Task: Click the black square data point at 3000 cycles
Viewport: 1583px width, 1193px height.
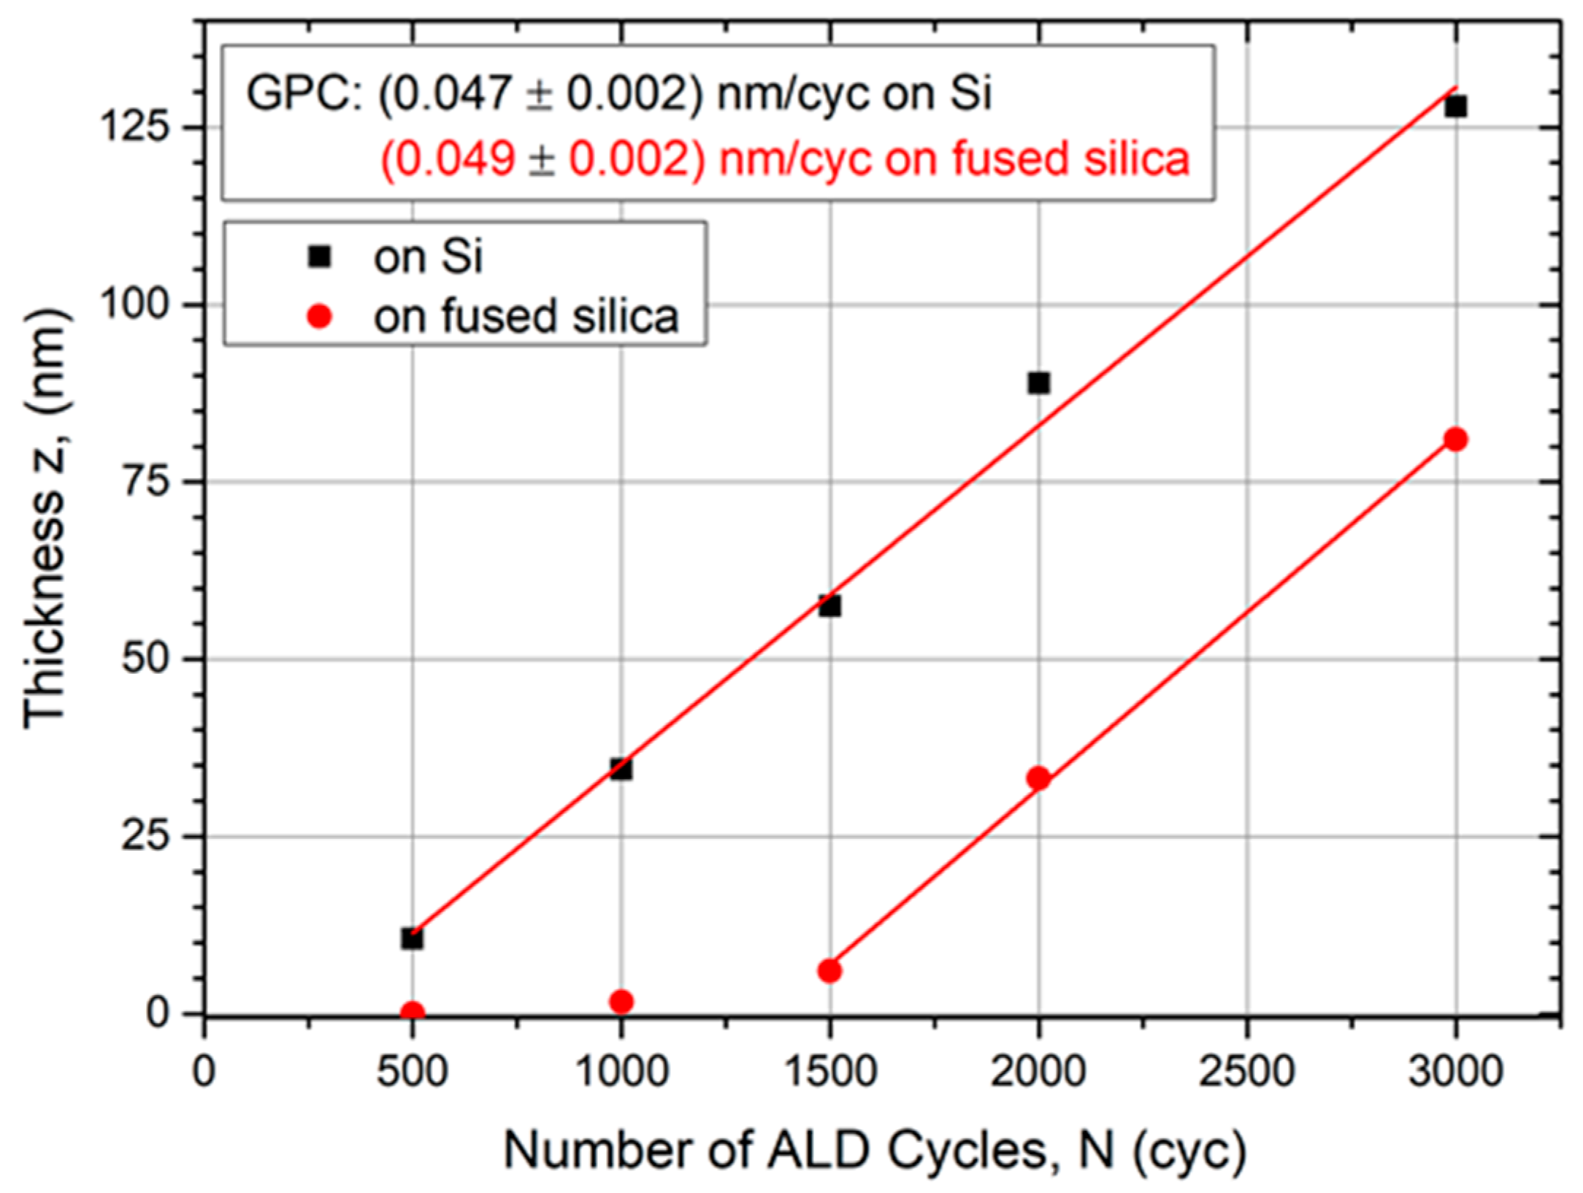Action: [1455, 107]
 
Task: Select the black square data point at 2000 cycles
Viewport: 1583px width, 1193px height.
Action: [1038, 383]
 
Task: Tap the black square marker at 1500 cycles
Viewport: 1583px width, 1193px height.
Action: [829, 606]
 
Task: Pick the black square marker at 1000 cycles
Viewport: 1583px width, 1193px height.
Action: [621, 770]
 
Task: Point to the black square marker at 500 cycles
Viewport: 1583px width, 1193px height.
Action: [412, 939]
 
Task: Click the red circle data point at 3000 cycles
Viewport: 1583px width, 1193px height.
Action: [1455, 440]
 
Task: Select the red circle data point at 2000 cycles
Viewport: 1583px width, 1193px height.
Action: [1038, 778]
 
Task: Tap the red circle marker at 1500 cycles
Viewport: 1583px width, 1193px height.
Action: [829, 971]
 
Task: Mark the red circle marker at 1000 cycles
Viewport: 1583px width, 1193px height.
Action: [621, 1002]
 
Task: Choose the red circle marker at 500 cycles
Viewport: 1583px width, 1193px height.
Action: [412, 1012]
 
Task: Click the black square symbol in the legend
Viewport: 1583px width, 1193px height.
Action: [320, 257]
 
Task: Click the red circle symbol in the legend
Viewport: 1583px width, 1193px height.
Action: [320, 317]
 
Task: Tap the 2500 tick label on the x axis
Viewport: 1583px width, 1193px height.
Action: [1246, 1072]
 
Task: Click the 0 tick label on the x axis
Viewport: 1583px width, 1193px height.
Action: [204, 1072]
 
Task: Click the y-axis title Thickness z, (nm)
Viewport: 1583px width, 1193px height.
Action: [45, 518]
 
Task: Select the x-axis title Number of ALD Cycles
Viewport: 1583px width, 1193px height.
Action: [875, 1151]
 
